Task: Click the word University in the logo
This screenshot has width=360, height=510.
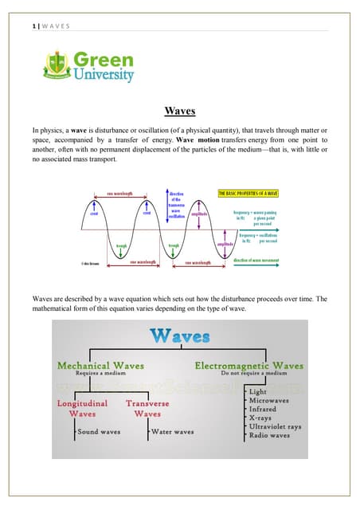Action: pyautogui.click(x=104, y=76)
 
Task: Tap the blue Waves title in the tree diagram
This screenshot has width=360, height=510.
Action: pyautogui.click(x=179, y=335)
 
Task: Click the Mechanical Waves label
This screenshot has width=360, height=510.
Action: pyautogui.click(x=100, y=365)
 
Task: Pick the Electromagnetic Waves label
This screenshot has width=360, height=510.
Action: pyautogui.click(x=248, y=365)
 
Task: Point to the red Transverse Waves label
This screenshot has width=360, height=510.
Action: pyautogui.click(x=148, y=408)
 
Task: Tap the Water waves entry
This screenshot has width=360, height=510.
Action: pyautogui.click(x=173, y=432)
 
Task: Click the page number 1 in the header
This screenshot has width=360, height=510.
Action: pyautogui.click(x=23, y=25)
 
